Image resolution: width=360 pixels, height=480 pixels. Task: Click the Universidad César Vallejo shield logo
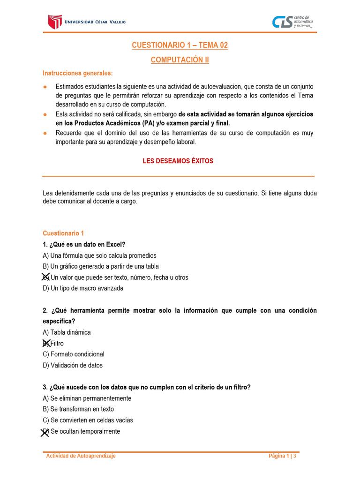pyautogui.click(x=55, y=22)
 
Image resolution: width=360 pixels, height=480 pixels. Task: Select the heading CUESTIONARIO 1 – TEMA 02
pyautogui.click(x=180, y=45)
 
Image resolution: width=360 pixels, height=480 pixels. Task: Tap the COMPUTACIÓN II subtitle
pyautogui.click(x=180, y=60)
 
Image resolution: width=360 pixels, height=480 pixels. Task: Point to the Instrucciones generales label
pyautogui.click(x=78, y=73)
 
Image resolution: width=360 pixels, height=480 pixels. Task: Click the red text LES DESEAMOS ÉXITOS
pyautogui.click(x=178, y=161)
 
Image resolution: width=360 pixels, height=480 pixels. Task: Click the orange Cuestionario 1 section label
pyautogui.click(x=63, y=233)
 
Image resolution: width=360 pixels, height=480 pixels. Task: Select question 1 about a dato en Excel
pyautogui.click(x=84, y=244)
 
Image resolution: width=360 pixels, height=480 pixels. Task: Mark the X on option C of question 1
pyautogui.click(x=45, y=277)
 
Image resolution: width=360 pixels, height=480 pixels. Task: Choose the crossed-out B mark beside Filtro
pyautogui.click(x=45, y=343)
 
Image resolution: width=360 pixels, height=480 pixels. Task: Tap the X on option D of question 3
pyautogui.click(x=45, y=432)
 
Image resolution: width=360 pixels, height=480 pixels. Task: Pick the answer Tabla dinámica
pyautogui.click(x=67, y=332)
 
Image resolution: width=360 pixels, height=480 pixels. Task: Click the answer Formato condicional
pyautogui.click(x=73, y=354)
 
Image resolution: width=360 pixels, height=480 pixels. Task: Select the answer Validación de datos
pyautogui.click(x=72, y=365)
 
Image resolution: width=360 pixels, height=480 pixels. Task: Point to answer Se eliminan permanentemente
pyautogui.click(x=87, y=398)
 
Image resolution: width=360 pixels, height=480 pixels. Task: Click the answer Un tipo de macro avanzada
pyautogui.click(x=83, y=288)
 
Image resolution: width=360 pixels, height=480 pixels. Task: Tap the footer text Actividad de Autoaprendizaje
pyautogui.click(x=81, y=456)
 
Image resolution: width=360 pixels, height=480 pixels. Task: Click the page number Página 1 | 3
pyautogui.click(x=282, y=456)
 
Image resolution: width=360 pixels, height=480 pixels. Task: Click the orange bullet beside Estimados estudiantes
pyautogui.click(x=45, y=87)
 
